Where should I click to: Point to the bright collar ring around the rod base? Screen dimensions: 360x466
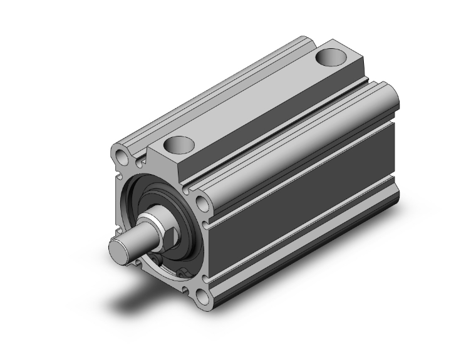click(155, 222)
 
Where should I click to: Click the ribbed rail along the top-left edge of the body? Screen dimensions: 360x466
click(207, 94)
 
